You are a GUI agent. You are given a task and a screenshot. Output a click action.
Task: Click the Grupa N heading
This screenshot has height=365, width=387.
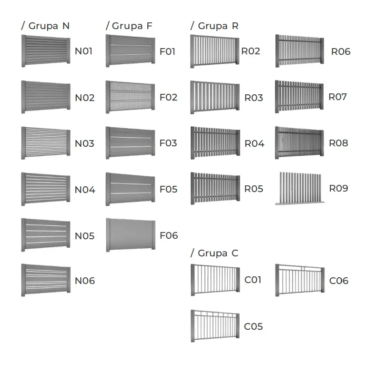(x=45, y=26)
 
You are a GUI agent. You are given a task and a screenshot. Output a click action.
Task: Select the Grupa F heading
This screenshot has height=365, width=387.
(x=129, y=26)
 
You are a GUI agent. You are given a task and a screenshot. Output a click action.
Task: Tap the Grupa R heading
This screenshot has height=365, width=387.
(x=214, y=26)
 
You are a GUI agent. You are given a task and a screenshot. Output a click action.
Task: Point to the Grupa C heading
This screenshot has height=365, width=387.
(x=214, y=253)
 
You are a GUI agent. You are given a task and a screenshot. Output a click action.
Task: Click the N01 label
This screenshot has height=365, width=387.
(x=84, y=51)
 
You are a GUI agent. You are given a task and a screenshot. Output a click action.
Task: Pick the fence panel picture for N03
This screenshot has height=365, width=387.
(x=46, y=143)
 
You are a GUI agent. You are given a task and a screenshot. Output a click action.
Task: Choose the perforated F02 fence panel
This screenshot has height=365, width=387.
(x=130, y=97)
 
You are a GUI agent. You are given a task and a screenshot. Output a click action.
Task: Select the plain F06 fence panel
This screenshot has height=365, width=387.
(x=131, y=235)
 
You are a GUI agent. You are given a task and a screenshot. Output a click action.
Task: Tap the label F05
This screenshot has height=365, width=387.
(x=169, y=189)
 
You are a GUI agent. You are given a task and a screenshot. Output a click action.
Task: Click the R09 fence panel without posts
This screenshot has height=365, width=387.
(x=300, y=189)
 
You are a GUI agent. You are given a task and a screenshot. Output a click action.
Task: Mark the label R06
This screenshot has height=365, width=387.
(x=341, y=51)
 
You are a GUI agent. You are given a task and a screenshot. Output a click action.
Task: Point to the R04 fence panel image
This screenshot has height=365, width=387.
(x=215, y=143)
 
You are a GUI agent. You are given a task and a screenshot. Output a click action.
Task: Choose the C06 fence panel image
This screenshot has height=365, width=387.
(x=300, y=280)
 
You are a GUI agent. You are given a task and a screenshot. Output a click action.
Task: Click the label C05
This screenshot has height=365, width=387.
(x=253, y=326)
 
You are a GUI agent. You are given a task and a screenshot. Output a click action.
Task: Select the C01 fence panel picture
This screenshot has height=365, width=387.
(x=215, y=280)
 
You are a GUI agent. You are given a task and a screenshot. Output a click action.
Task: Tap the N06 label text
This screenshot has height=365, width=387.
(x=85, y=281)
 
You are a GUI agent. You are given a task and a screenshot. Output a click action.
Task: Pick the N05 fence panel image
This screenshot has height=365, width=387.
(x=46, y=235)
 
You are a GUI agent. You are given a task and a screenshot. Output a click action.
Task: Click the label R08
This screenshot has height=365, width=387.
(x=338, y=143)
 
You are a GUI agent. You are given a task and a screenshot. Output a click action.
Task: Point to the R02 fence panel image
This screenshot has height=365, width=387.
(x=215, y=51)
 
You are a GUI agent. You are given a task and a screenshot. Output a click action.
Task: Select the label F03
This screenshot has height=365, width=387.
(x=168, y=143)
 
